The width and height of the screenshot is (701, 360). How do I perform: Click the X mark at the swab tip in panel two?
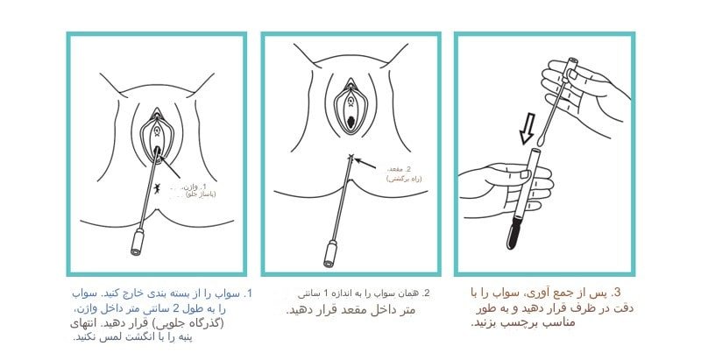351,158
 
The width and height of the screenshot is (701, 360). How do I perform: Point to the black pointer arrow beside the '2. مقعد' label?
371,164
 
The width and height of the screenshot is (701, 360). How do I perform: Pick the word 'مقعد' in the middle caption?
330,310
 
